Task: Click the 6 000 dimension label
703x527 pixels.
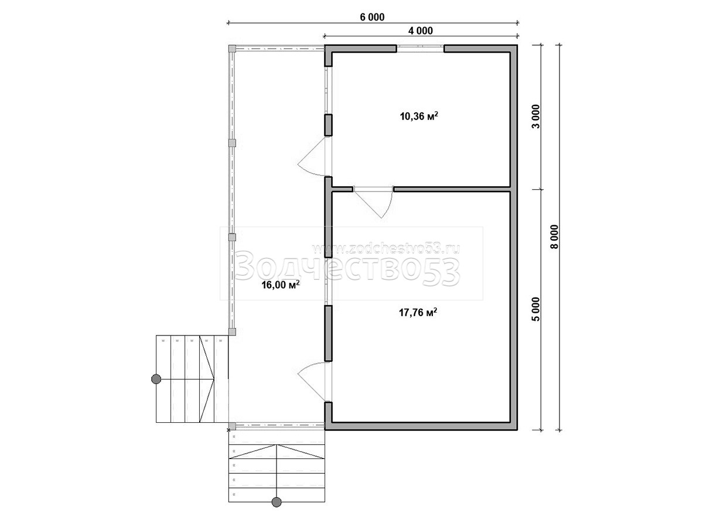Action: (x=372, y=18)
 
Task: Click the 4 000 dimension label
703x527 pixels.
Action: (x=420, y=31)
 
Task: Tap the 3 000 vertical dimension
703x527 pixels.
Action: (x=535, y=117)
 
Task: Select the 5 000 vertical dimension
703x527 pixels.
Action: (x=535, y=309)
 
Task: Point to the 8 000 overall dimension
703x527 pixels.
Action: (x=554, y=237)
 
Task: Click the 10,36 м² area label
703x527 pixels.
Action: (x=419, y=116)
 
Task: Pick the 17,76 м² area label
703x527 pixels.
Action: (x=418, y=312)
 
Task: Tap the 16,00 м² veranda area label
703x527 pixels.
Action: (x=281, y=284)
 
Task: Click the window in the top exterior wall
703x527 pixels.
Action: (x=420, y=49)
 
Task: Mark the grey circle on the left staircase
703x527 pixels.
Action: (x=156, y=379)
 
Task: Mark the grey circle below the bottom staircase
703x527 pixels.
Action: (x=277, y=502)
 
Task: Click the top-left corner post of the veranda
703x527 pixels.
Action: (x=232, y=49)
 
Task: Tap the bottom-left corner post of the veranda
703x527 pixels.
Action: (x=232, y=426)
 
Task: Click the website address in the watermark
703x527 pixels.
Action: (x=386, y=248)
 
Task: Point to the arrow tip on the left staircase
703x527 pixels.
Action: (x=214, y=379)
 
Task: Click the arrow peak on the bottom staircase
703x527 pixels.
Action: (x=277, y=444)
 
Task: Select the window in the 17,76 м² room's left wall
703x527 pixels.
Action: (x=328, y=281)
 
